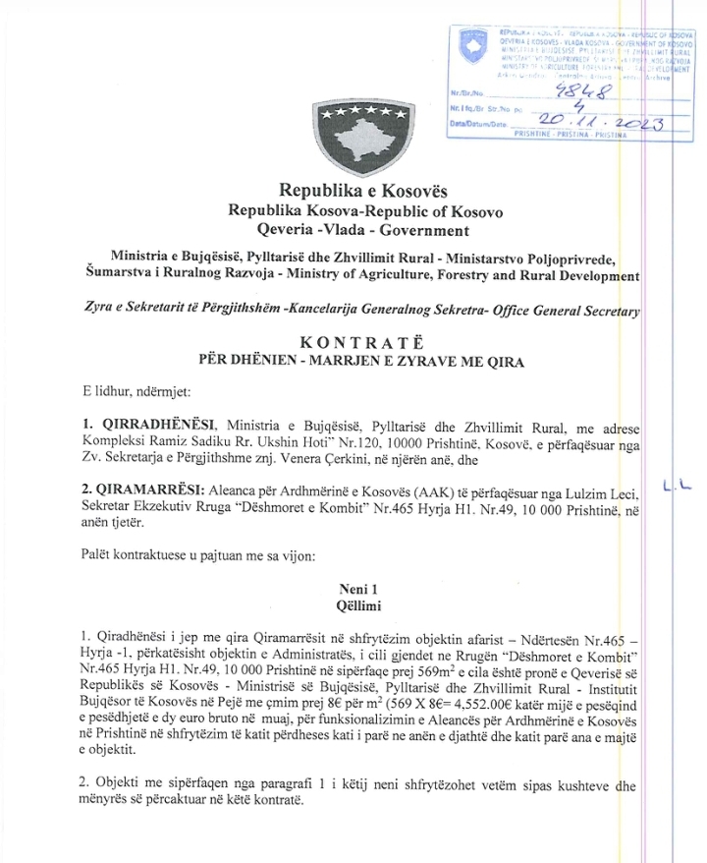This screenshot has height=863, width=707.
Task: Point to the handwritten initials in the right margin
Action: (x=676, y=510)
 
